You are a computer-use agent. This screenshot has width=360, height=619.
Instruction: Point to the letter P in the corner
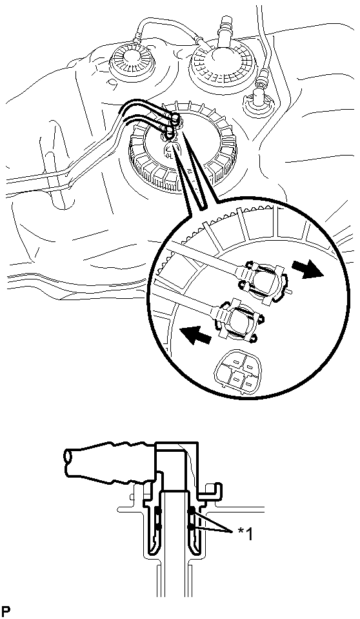(6, 611)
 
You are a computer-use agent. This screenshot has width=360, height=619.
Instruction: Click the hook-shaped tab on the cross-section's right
(213, 489)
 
